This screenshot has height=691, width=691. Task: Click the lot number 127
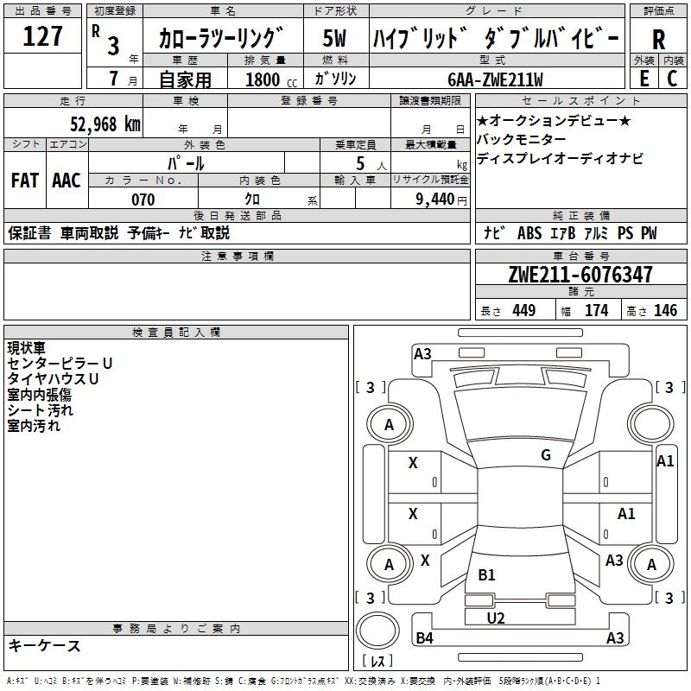[43, 37]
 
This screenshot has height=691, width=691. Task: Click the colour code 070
[143, 200]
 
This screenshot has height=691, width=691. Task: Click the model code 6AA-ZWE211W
[495, 79]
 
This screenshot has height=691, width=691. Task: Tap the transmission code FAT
[24, 181]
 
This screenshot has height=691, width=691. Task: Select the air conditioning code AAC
[67, 181]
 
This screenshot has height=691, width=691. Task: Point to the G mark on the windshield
[546, 455]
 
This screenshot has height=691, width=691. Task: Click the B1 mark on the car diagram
[486, 574]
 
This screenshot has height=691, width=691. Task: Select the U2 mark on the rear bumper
[496, 618]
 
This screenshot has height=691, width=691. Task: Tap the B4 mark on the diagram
[424, 638]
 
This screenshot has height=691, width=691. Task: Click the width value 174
[597, 311]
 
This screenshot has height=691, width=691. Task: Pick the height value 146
[665, 311]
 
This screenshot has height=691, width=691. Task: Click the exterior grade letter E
[643, 78]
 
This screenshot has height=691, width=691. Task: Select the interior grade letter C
[672, 78]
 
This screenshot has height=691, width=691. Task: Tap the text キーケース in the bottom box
[45, 645]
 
